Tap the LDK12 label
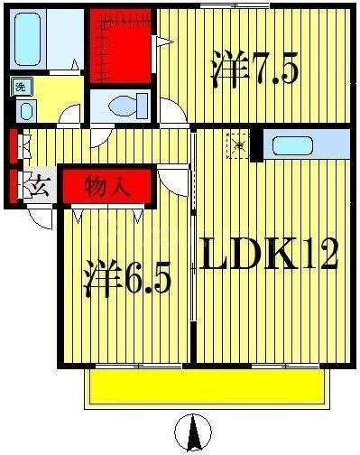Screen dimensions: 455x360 tap(267, 255)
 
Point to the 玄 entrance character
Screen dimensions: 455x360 tap(39, 188)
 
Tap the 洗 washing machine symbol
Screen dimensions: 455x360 tap(20, 87)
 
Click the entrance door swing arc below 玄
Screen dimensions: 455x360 tap(40, 217)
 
